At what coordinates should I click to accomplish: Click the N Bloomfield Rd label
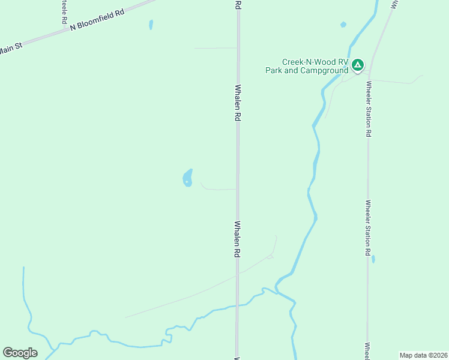click(97, 19)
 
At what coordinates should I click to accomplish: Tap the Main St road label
click(10, 49)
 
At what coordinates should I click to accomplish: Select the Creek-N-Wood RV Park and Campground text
click(307, 66)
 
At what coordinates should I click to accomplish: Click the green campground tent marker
click(358, 64)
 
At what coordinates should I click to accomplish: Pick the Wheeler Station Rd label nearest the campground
click(367, 109)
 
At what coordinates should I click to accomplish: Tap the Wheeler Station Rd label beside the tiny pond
click(367, 228)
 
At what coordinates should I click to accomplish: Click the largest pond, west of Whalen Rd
click(188, 178)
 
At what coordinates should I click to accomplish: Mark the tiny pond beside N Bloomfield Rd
click(151, 25)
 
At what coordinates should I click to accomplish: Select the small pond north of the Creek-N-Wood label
click(343, 25)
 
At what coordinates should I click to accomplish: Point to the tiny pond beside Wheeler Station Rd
click(373, 259)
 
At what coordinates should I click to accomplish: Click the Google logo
click(20, 353)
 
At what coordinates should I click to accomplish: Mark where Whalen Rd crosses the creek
click(238, 305)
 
